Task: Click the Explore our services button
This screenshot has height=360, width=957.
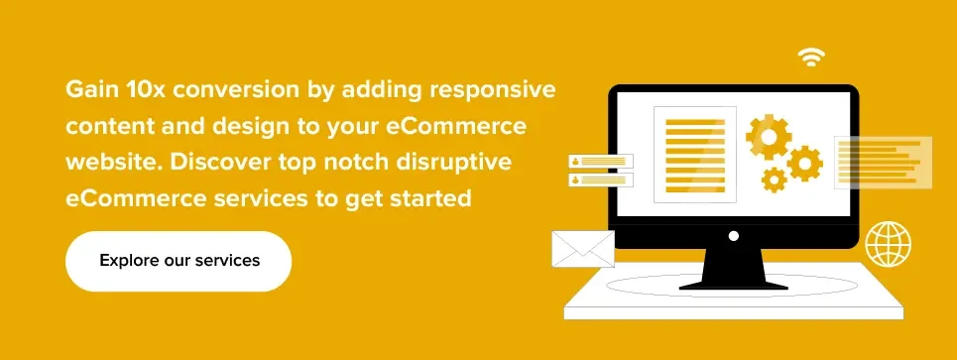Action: click(x=179, y=261)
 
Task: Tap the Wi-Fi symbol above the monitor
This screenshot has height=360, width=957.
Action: click(x=812, y=58)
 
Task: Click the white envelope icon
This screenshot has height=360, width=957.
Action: click(x=583, y=249)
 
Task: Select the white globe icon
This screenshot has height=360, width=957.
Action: click(x=888, y=244)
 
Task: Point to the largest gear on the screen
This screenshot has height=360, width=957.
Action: click(x=768, y=136)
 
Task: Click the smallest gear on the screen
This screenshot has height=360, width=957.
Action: click(x=774, y=180)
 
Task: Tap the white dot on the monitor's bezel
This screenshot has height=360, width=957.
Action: click(x=733, y=236)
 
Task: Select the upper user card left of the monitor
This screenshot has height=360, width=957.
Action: click(x=600, y=161)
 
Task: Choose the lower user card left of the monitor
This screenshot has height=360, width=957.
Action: click(x=600, y=180)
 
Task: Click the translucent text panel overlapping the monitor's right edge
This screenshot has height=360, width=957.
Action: click(x=884, y=162)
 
